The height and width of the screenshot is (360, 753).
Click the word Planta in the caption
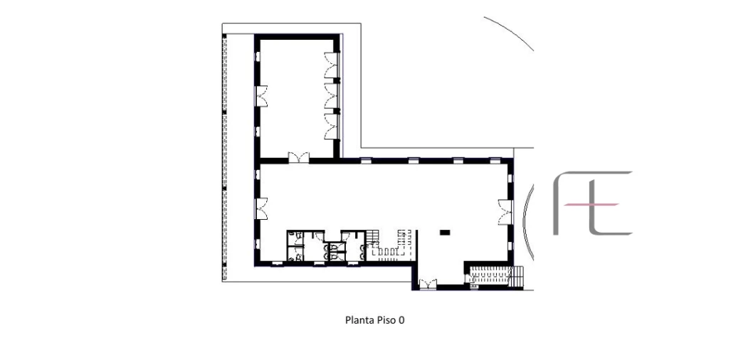tap(358, 320)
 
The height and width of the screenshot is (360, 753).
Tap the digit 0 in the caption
tap(401, 320)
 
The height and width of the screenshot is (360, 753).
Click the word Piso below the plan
tap(384, 320)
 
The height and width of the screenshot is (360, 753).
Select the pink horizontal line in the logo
tap(590, 204)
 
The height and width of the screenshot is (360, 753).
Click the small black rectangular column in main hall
tap(445, 233)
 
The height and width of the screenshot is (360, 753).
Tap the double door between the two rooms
tap(298, 157)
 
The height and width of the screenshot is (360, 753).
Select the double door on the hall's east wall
tap(506, 212)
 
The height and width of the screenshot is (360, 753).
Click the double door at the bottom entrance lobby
tap(426, 284)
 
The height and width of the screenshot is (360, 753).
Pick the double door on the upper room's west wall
tap(261, 95)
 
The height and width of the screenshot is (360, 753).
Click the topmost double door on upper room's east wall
tap(332, 65)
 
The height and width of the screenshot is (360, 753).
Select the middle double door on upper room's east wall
tap(332, 95)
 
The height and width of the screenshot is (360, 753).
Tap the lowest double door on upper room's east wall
tap(332, 126)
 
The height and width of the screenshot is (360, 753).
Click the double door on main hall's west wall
tap(261, 208)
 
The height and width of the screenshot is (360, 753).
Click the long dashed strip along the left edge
tap(224, 157)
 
